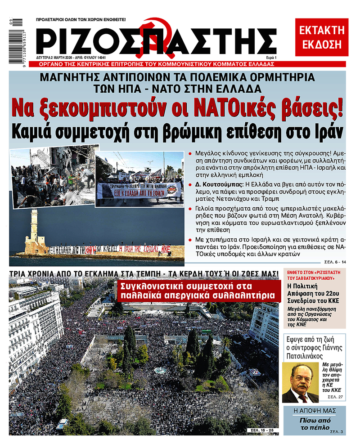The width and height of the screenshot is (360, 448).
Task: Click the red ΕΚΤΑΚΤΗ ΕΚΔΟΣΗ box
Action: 321,37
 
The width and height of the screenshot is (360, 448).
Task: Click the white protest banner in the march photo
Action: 139,191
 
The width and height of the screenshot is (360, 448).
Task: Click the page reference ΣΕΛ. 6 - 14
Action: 335,261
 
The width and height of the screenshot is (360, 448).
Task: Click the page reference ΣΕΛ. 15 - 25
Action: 262,431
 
